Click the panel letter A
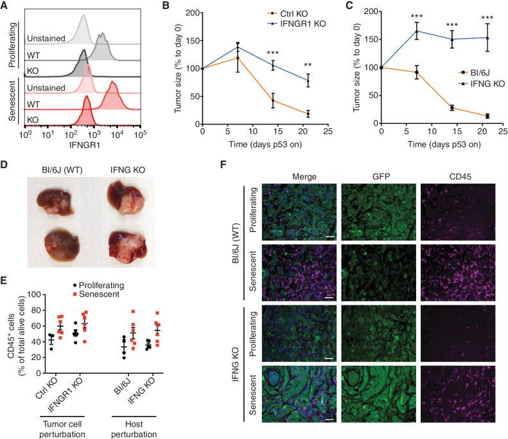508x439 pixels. point(5,6)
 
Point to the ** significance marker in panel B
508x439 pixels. point(308,65)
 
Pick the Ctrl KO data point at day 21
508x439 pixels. point(308,114)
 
